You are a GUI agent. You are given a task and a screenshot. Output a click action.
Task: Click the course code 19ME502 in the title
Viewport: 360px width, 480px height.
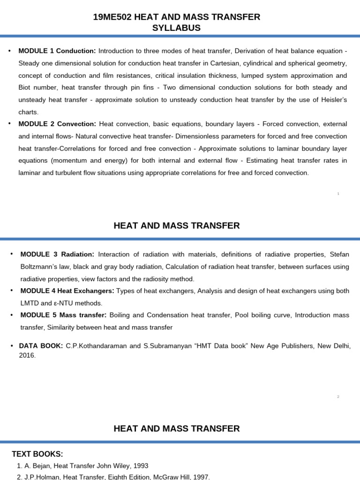click(x=112, y=17)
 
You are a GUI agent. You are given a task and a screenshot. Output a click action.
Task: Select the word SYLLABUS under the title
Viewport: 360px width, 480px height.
click(x=176, y=28)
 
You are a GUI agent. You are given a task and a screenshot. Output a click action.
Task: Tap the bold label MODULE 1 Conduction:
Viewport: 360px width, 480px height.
click(x=57, y=51)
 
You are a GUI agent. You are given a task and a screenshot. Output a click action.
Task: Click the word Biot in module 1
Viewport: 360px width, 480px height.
click(x=27, y=88)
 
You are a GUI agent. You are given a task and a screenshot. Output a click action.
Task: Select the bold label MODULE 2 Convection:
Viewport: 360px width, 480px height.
click(x=57, y=124)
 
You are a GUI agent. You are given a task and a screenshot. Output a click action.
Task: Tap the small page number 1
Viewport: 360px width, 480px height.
click(x=338, y=194)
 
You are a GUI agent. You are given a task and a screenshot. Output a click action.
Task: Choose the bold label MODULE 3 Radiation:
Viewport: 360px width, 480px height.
click(x=57, y=254)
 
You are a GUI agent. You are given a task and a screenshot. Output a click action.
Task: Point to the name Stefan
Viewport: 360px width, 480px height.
click(x=339, y=254)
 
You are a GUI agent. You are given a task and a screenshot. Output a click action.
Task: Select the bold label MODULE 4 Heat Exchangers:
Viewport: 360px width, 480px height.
click(x=67, y=291)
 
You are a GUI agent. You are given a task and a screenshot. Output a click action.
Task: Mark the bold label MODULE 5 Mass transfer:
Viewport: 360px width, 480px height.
click(x=63, y=315)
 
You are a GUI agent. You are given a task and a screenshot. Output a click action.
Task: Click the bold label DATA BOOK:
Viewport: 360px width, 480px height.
click(x=41, y=345)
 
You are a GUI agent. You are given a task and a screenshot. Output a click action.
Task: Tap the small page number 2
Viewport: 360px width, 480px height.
click(x=338, y=397)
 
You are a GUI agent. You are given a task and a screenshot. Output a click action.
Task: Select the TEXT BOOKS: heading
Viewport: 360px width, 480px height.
click(x=37, y=454)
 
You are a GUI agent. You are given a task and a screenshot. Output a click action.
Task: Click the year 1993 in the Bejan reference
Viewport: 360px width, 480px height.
click(x=140, y=465)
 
